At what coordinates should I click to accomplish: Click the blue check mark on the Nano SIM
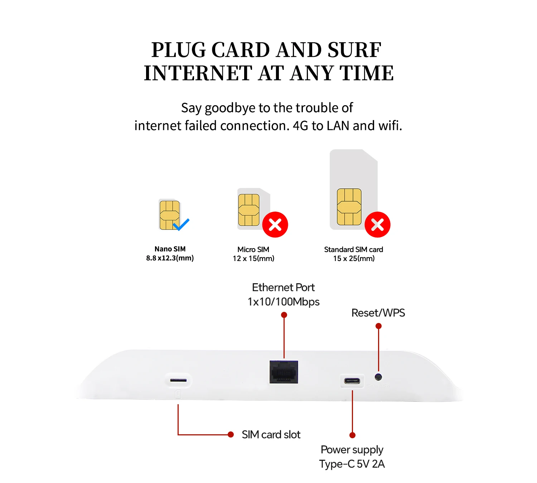181,224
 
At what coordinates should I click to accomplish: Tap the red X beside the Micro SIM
275,225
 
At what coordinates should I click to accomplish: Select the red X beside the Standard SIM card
377,225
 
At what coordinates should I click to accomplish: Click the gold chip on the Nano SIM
169,215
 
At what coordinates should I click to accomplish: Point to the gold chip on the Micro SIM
249,210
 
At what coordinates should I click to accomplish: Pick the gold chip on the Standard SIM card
349,207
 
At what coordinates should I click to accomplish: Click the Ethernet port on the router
284,372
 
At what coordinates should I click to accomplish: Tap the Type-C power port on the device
352,381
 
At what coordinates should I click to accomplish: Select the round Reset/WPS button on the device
378,377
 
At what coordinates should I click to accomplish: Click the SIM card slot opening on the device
178,380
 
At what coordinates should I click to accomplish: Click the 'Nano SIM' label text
170,249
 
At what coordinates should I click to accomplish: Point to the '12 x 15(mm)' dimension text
253,259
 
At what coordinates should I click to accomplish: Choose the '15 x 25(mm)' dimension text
354,259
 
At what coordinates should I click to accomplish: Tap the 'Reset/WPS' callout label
378,313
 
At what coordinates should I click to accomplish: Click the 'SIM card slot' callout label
271,435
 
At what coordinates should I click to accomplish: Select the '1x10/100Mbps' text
284,302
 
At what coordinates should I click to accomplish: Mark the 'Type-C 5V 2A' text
352,464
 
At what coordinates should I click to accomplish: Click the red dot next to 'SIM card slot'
231,435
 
